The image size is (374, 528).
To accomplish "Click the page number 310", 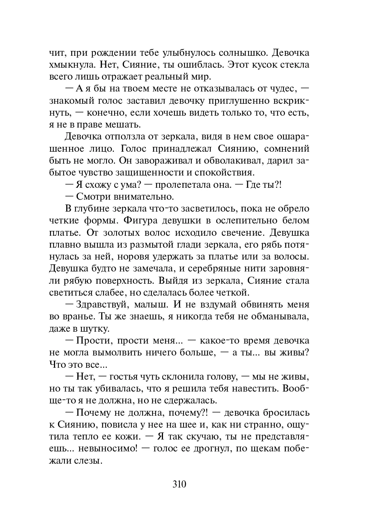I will point(179,484).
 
